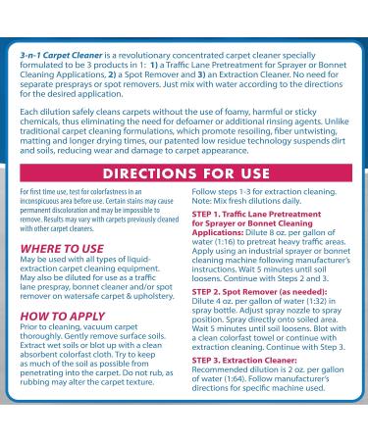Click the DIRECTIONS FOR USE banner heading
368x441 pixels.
pyautogui.click(x=184, y=173)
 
